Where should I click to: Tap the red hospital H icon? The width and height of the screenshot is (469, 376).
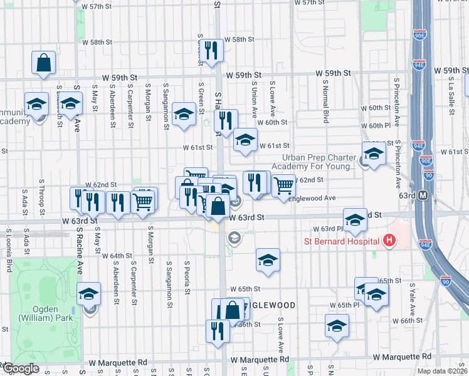click(389, 240)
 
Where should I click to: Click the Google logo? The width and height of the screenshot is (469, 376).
click(21, 368)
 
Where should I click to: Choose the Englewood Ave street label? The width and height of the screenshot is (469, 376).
click(313, 198)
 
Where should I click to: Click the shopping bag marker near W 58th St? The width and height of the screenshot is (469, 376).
click(43, 63)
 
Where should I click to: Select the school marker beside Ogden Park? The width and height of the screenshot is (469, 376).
click(88, 294)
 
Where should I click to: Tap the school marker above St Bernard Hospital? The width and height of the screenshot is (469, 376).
click(355, 219)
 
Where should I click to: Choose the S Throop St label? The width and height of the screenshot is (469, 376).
click(41, 194)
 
